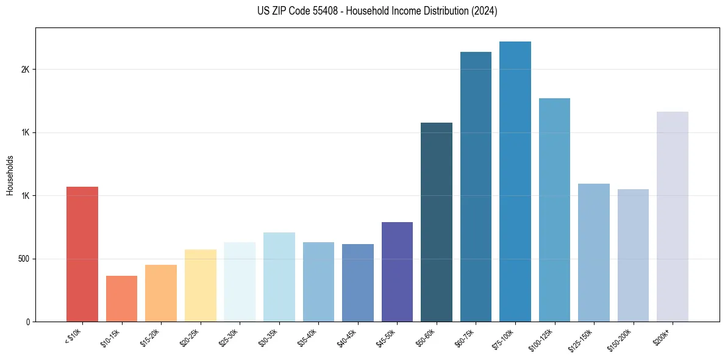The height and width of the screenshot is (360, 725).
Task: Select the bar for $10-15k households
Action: tap(121, 298)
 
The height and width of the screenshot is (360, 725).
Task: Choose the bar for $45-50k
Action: tap(397, 272)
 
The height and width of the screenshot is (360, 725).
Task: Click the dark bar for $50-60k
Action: tap(437, 222)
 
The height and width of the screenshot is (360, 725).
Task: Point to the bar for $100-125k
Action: tap(554, 210)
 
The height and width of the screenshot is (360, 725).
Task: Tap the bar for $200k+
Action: tap(673, 217)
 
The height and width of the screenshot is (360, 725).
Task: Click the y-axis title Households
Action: tap(10, 175)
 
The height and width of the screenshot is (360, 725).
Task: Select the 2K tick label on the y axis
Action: tap(25, 70)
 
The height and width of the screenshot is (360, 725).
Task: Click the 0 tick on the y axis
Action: tap(27, 322)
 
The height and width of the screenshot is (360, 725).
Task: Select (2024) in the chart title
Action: tap(484, 12)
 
